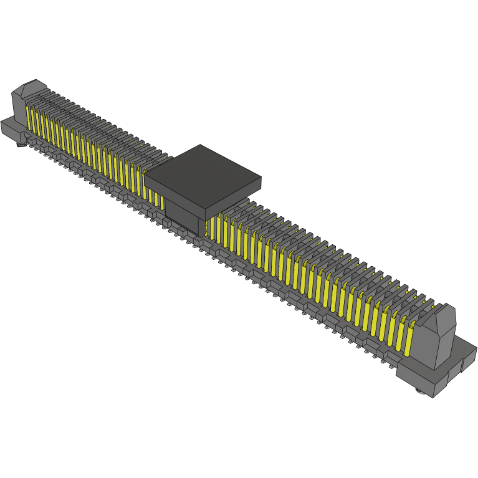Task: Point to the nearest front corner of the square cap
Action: (205, 204)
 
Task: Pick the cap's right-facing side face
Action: (233, 196)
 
